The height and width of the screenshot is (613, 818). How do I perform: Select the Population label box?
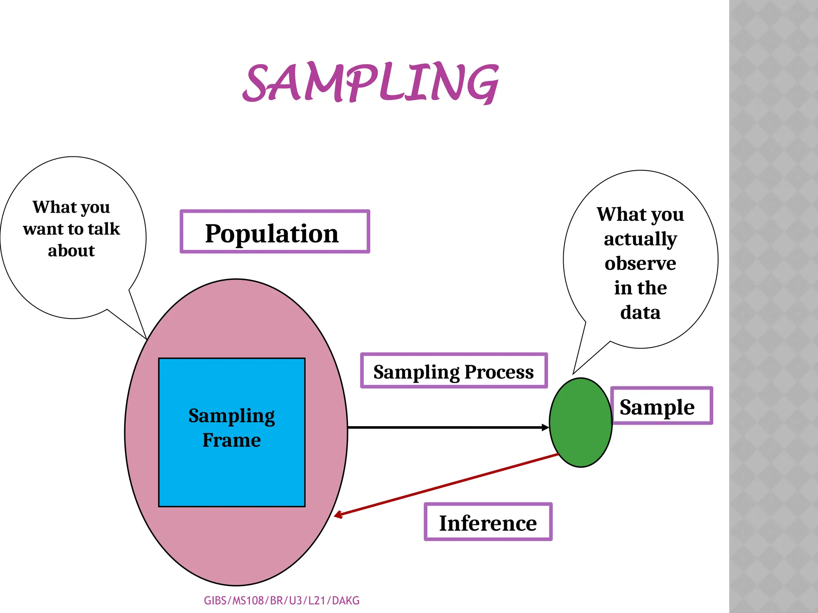pyautogui.click(x=275, y=232)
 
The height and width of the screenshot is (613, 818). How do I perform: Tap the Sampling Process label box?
pyautogui.click(x=454, y=371)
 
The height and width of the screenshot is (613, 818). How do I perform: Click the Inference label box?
pyautogui.click(x=488, y=522)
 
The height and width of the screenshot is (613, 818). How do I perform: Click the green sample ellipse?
pyautogui.click(x=580, y=422)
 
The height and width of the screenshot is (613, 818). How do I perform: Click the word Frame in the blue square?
pyautogui.click(x=232, y=440)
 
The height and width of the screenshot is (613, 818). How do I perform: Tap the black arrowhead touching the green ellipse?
pyautogui.click(x=545, y=427)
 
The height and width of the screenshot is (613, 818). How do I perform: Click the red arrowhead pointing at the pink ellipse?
pyautogui.click(x=338, y=515)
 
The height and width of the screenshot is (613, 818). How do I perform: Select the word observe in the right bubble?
pyautogui.click(x=640, y=263)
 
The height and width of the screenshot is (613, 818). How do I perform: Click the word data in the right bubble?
pyautogui.click(x=640, y=312)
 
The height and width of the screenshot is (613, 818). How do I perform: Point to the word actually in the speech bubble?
pyautogui.click(x=640, y=239)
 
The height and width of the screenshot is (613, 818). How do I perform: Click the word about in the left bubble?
pyautogui.click(x=71, y=251)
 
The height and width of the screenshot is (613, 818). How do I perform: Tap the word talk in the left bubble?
pyautogui.click(x=104, y=229)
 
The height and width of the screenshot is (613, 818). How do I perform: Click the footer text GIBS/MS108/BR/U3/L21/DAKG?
pyautogui.click(x=282, y=601)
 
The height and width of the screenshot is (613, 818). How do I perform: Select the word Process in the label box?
pyautogui.click(x=499, y=372)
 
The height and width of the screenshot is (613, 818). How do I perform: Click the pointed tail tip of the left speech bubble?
pyautogui.click(x=146, y=338)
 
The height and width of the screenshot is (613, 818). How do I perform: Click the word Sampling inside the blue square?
pyautogui.click(x=232, y=416)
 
